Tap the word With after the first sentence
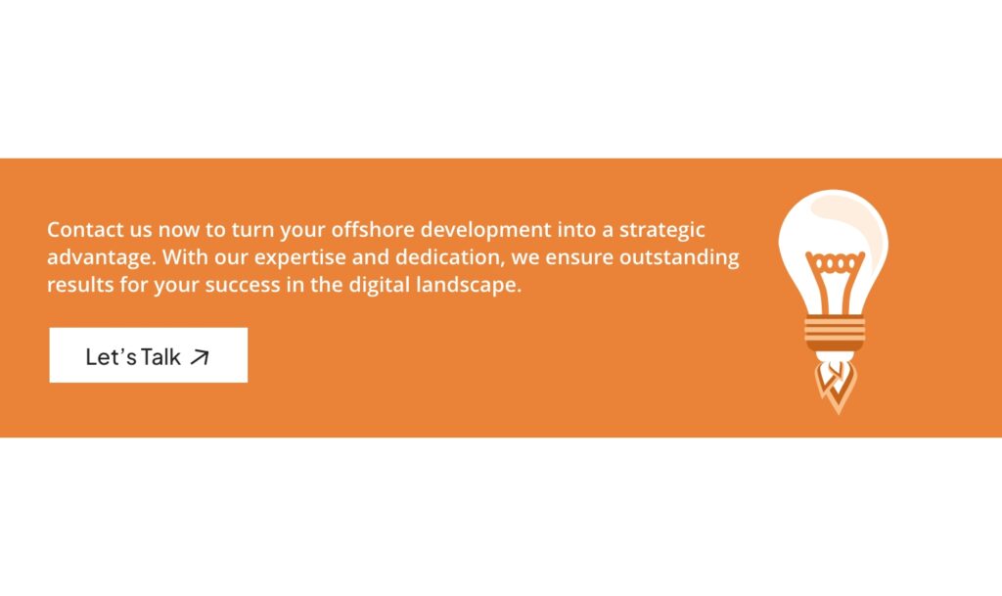(x=181, y=258)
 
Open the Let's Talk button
(x=148, y=355)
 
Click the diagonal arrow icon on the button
(x=200, y=357)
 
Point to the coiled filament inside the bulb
(x=834, y=262)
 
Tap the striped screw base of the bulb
(x=835, y=334)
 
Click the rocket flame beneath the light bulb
(x=835, y=384)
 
